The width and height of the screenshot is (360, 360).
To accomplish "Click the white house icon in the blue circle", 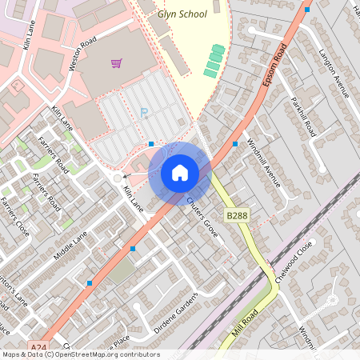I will pos(180,172).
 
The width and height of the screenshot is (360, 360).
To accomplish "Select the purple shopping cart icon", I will pos(117,62).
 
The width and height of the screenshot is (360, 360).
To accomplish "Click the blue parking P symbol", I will pos(144,114).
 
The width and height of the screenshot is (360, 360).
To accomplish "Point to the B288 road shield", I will pos(237,216).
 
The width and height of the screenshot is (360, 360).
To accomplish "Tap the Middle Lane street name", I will pos(70,246).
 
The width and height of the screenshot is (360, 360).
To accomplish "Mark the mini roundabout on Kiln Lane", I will pos(118,178).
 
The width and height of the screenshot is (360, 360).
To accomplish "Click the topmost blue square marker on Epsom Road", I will pos(307,10).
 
